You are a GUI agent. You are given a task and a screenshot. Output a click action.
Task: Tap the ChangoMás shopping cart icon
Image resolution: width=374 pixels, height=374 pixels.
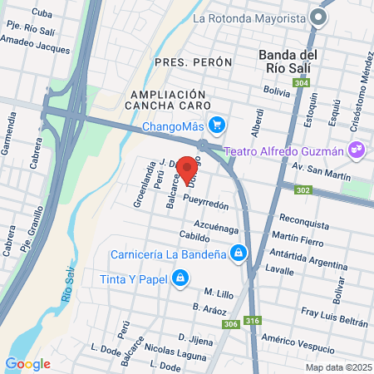tap(218, 125)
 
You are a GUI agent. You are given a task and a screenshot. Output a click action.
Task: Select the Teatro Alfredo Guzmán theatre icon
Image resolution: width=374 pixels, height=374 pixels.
tap(357, 151)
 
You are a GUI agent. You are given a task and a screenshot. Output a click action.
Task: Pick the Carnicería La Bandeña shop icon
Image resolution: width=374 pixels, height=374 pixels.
tap(239, 251)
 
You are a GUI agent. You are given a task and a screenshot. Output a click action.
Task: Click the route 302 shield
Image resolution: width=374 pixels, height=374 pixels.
tap(303, 190)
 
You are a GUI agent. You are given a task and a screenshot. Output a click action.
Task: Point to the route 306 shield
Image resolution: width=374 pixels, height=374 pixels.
tap(231, 324)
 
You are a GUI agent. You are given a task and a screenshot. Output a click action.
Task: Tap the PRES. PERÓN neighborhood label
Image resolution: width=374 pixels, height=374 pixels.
tap(190, 62)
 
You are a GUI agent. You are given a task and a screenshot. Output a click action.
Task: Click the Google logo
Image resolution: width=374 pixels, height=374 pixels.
tap(27, 363)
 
